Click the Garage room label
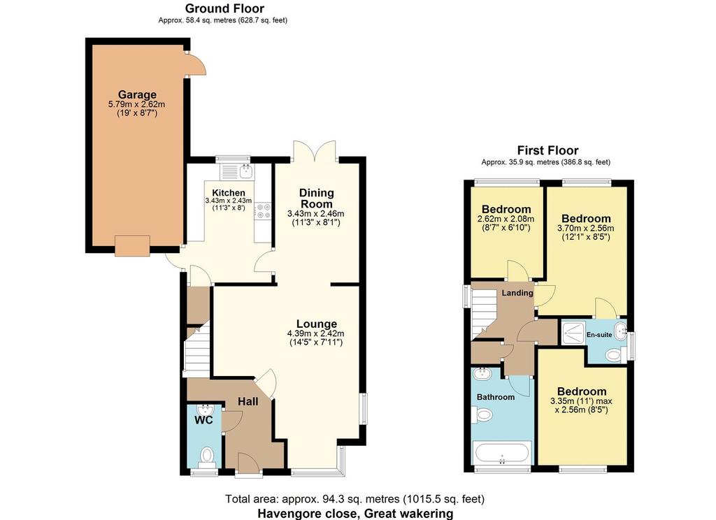coord(137,94)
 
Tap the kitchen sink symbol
coord(245,171)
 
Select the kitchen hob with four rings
coord(264,211)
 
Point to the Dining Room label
coord(316,198)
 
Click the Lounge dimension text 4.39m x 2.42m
coord(315,333)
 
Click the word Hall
coord(248,401)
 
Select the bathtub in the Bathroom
coord(502,453)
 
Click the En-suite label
coord(599,335)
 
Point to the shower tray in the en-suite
coord(573,333)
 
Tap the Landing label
coord(517,293)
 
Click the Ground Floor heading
coord(224,8)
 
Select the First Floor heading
coord(547,150)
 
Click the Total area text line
coord(355,499)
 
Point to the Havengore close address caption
coord(355,513)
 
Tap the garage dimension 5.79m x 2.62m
coord(136,104)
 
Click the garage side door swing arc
coord(201,62)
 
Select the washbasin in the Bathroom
coord(482,375)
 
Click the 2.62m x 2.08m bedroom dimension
coord(506,219)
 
